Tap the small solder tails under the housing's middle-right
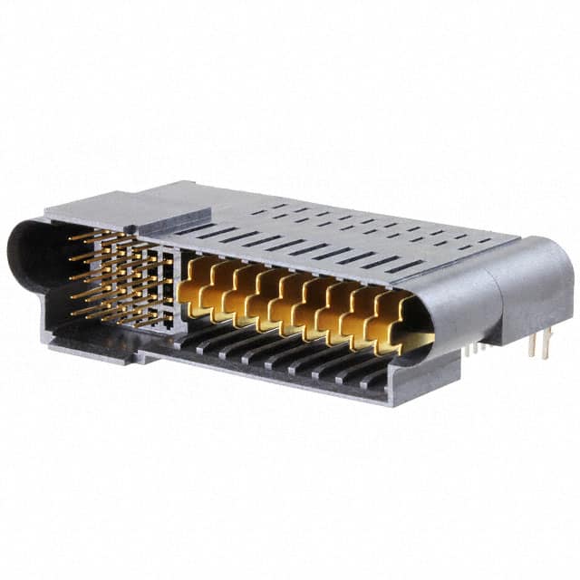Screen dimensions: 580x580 (475, 346)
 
